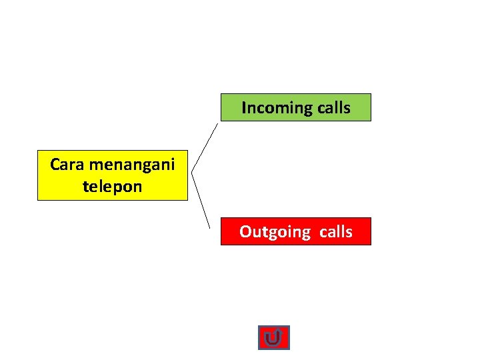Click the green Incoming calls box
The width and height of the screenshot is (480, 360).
point(295,107)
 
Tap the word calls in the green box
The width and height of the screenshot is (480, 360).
point(334,107)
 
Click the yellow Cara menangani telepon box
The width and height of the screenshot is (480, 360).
point(113,175)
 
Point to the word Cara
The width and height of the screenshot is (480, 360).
point(66,164)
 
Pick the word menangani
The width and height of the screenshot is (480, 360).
point(131,164)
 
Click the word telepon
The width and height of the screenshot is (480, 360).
point(113,186)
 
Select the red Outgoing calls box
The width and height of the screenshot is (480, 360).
point(295,231)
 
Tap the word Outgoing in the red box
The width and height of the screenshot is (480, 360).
point(275,232)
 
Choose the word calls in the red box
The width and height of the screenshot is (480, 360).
point(335,231)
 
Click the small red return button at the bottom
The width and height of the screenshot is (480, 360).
point(273,338)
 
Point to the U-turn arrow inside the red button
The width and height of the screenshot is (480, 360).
point(273,339)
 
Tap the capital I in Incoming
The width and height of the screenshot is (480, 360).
point(243,107)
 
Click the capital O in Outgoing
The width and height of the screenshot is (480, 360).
point(245,232)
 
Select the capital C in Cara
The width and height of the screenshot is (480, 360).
point(55,164)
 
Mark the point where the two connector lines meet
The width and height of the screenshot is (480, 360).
point(192,174)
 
